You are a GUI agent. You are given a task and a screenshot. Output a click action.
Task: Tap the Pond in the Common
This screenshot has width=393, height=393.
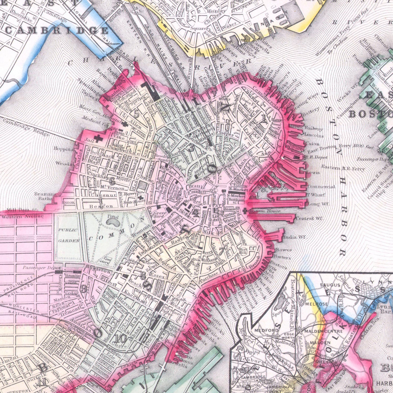coord(113,223)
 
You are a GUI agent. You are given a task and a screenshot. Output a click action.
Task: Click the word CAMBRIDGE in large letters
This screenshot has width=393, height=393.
coord(56,31)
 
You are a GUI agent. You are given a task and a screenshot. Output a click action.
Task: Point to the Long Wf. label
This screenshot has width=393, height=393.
coord(315,204)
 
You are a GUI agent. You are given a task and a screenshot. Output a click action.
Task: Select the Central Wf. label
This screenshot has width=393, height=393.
coord(309,219)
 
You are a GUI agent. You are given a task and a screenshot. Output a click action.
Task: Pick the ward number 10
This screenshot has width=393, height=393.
coord(120,339)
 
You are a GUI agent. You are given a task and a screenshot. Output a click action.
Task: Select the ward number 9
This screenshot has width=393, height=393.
coord(84,289)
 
